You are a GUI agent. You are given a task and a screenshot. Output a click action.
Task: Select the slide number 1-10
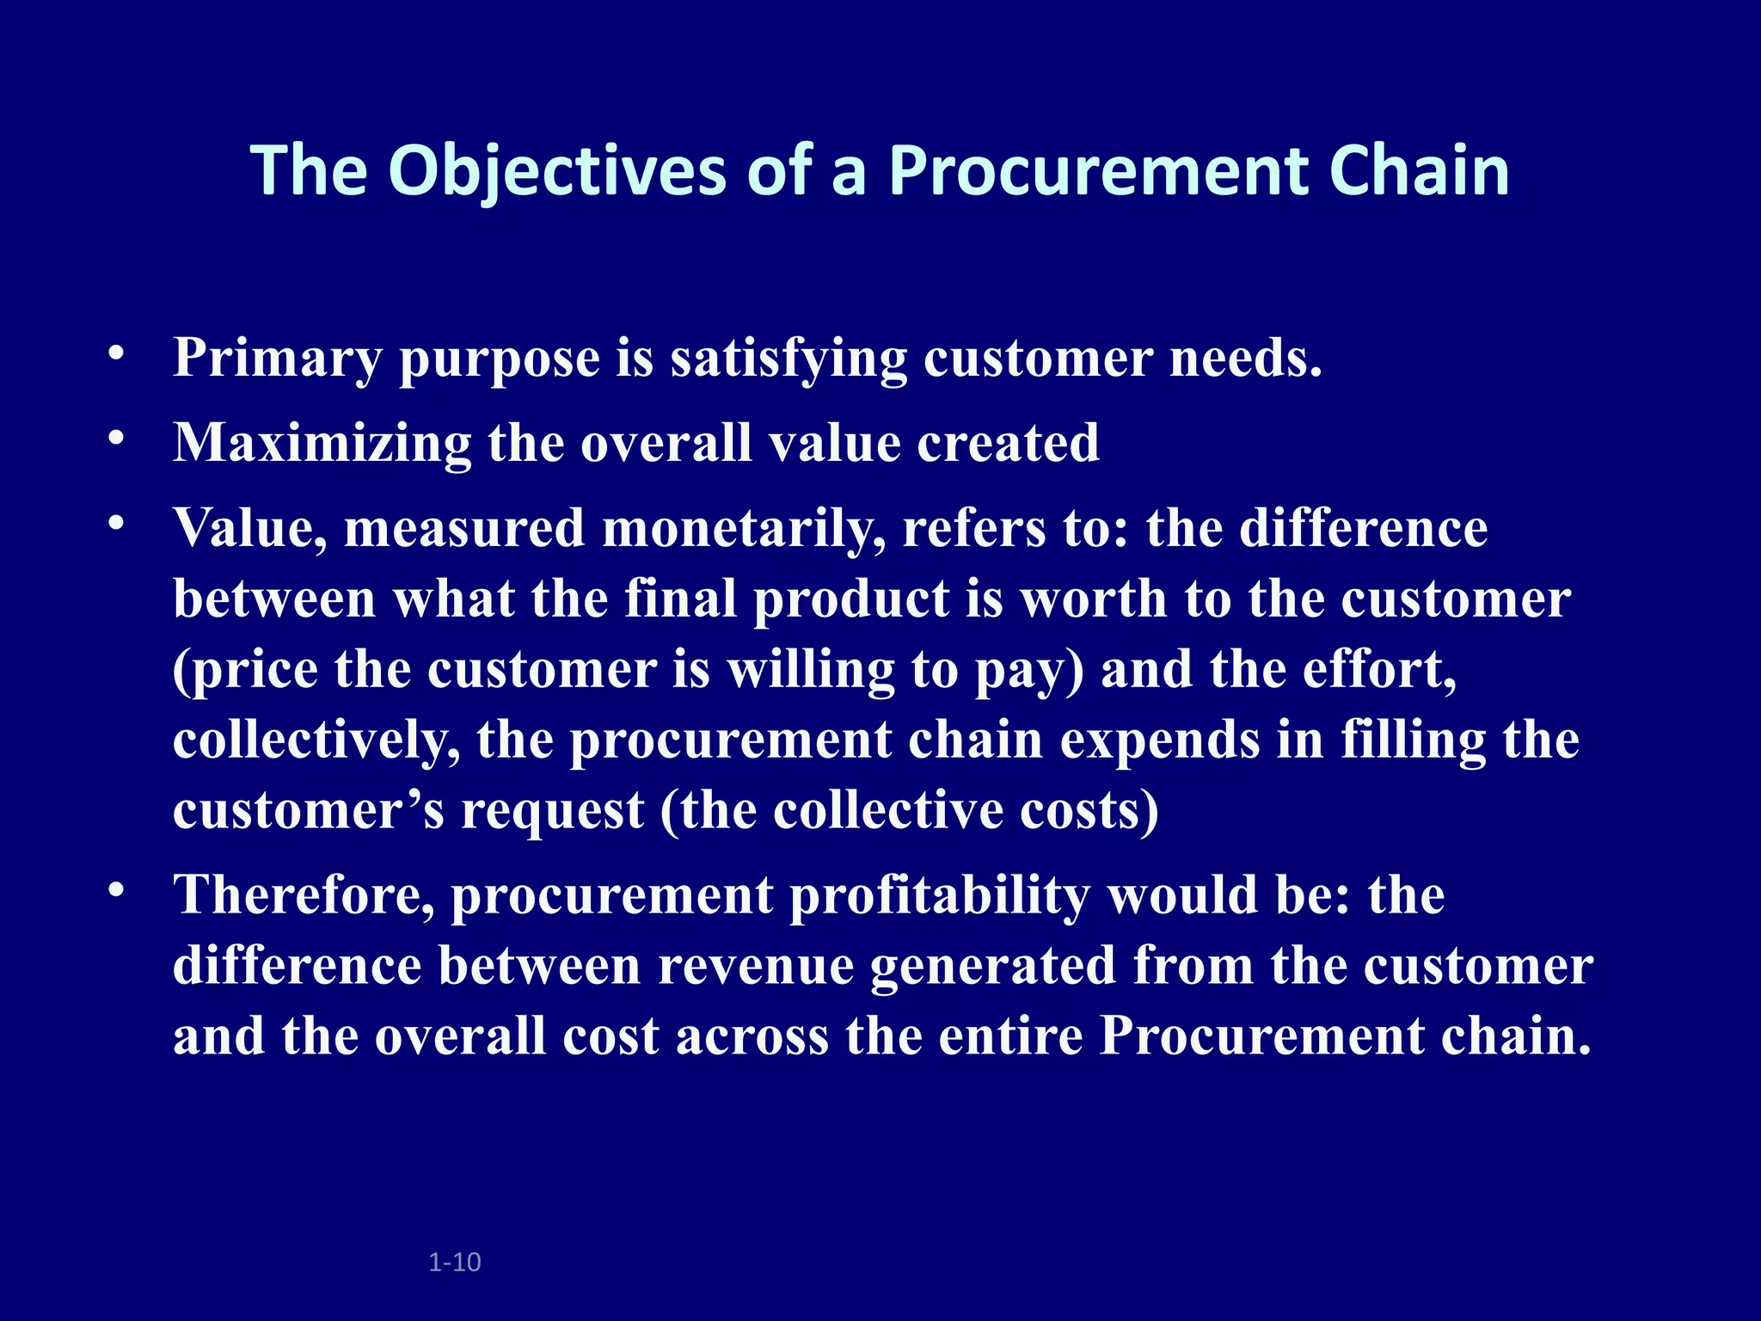(x=454, y=1263)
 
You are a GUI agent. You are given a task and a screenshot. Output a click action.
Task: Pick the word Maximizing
(x=322, y=444)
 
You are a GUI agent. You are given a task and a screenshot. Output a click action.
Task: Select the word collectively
(x=316, y=741)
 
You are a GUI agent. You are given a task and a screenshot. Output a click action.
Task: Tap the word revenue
(x=755, y=968)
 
